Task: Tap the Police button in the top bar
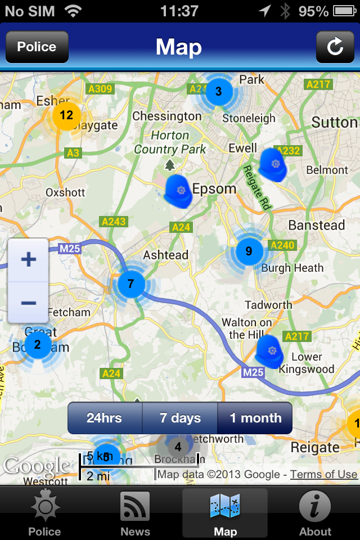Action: pos(37,47)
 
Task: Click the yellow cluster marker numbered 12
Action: pos(66,116)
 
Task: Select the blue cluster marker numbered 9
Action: pos(249,251)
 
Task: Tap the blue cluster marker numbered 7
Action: pos(131,284)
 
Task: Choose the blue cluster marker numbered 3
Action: pos(218,91)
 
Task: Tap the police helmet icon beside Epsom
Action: pos(179,191)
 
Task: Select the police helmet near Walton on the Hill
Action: pos(271,352)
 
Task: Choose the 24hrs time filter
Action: pos(105,418)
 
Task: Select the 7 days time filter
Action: pos(180,418)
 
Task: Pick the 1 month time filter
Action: pos(255,418)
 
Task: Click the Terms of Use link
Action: pos(323,474)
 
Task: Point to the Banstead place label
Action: pos(317,226)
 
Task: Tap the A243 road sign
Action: pos(114,222)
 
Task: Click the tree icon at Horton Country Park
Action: pos(170,165)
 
